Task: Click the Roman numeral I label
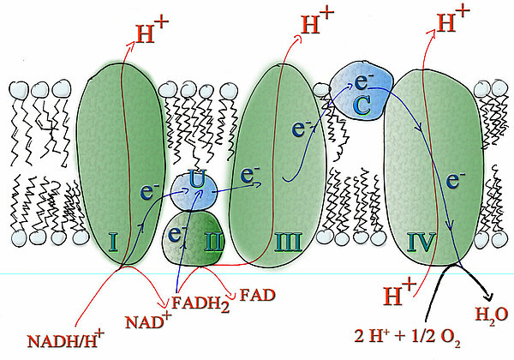point(113,243)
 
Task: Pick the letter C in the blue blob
point(362,107)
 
